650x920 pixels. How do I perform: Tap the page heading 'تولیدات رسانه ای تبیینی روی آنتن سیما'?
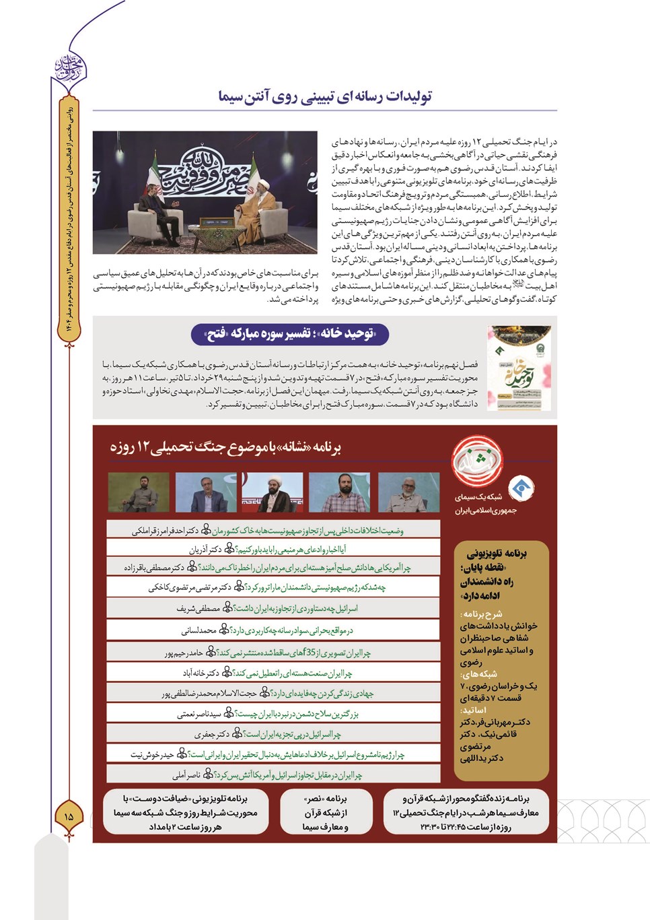click(x=325, y=97)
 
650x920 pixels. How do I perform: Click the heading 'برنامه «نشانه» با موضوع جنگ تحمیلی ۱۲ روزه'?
click(x=226, y=447)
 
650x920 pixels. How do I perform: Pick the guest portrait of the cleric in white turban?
click(x=273, y=492)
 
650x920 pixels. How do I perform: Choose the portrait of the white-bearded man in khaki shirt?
click(x=408, y=492)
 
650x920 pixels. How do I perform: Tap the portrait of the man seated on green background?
click(x=139, y=492)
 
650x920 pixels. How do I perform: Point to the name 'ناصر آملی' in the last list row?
click(x=186, y=775)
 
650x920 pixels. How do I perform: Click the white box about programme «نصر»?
click(x=326, y=813)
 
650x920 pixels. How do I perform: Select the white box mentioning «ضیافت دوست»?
click(x=185, y=813)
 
